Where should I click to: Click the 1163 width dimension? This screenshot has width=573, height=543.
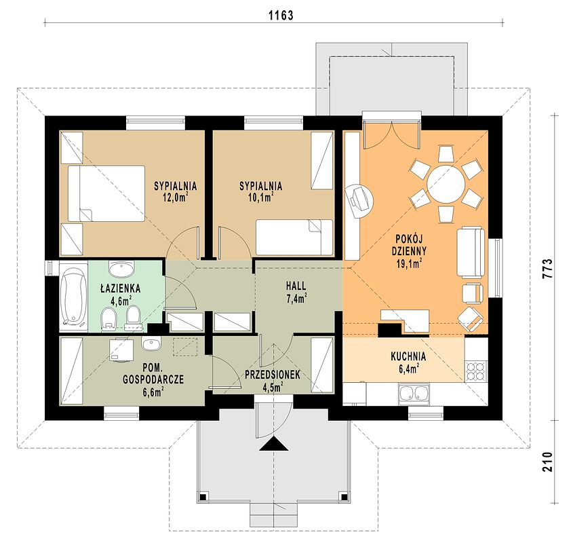(x=281, y=15)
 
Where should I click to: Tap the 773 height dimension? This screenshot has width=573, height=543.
(x=547, y=269)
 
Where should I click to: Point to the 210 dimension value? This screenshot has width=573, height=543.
(x=547, y=462)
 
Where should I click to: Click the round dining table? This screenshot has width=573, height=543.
(x=446, y=184)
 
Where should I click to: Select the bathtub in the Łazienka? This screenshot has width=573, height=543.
(x=73, y=297)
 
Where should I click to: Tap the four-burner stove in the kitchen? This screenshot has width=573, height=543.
(x=476, y=371)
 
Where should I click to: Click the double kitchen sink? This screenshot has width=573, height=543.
(x=414, y=394)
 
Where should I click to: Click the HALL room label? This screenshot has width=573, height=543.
(x=296, y=285)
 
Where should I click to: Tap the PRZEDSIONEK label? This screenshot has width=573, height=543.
(x=273, y=375)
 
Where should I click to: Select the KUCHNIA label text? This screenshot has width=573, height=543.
(x=408, y=356)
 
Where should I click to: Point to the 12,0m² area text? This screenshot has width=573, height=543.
(x=176, y=198)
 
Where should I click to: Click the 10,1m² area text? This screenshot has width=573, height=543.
(x=261, y=198)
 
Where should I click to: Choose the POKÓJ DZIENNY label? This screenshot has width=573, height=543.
(x=409, y=245)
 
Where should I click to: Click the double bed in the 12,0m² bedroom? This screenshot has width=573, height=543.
(x=106, y=193)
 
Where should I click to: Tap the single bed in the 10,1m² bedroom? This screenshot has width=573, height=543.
(x=294, y=237)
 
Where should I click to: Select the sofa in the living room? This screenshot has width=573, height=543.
(x=471, y=252)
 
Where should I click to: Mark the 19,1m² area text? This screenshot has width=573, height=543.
(x=410, y=263)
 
